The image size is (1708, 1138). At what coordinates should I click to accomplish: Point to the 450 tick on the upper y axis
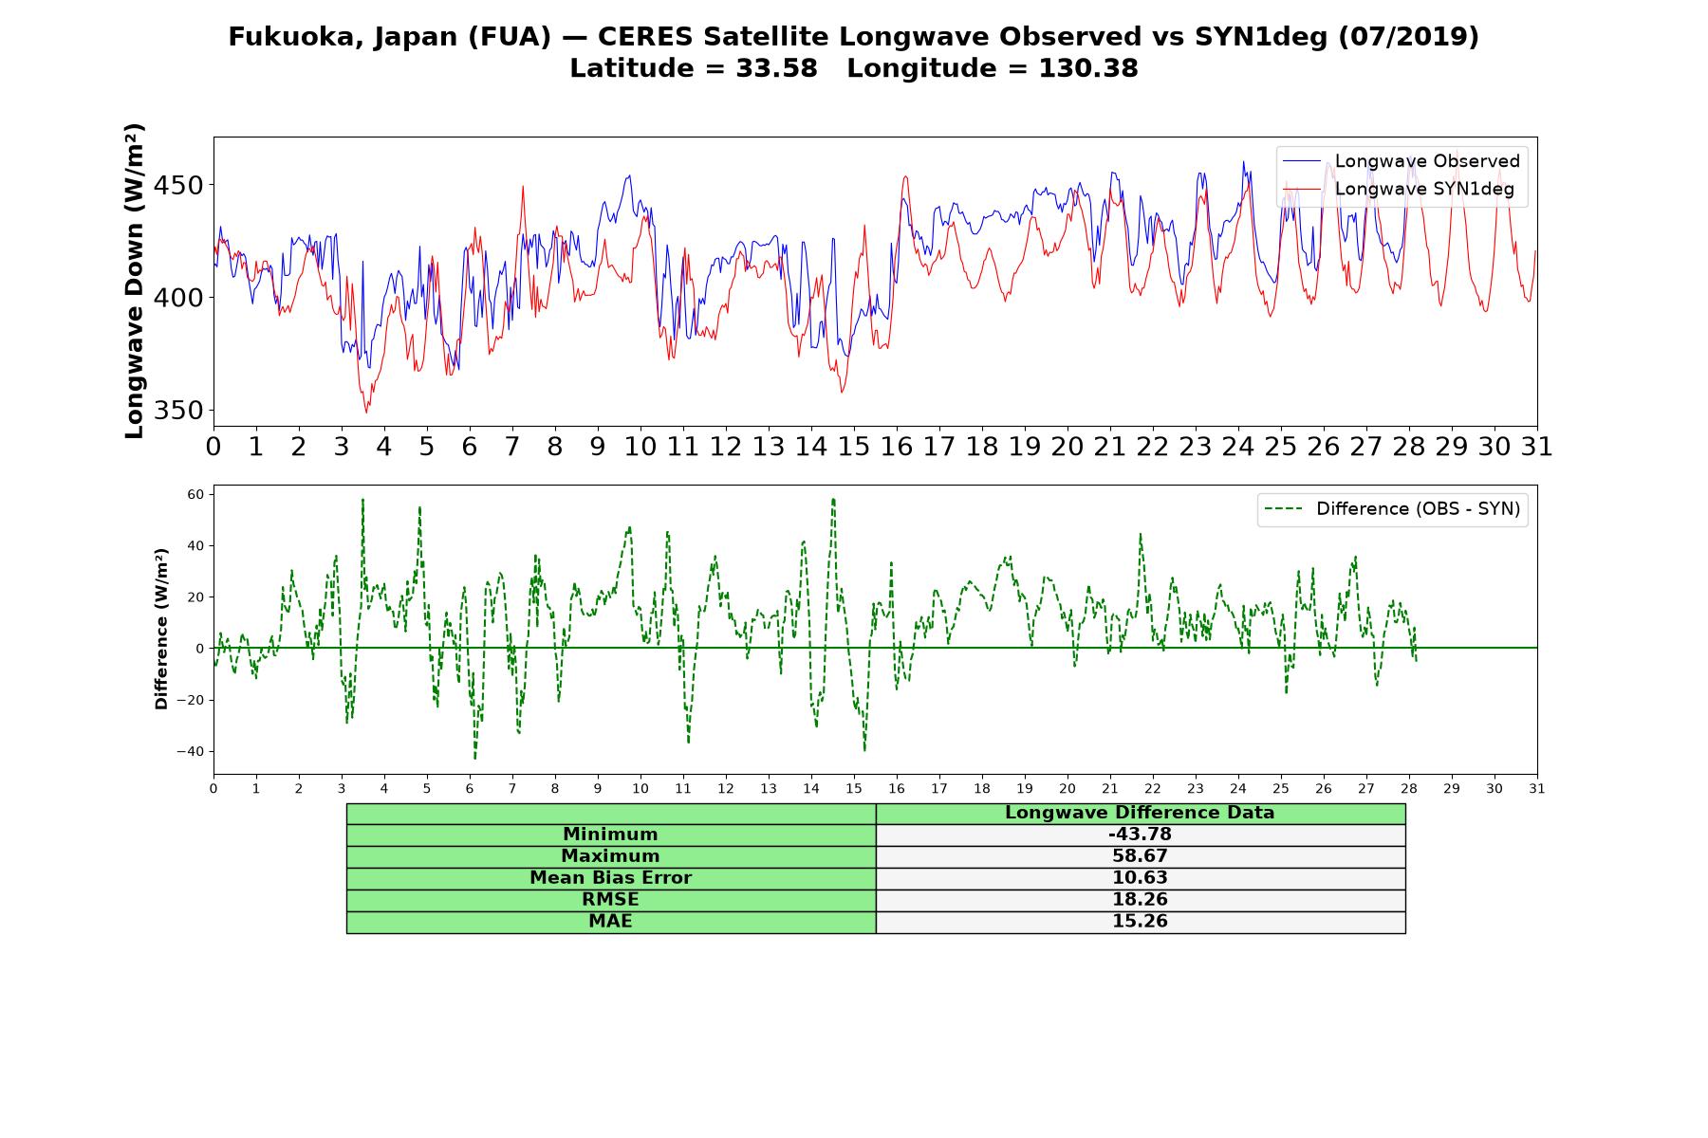(178, 185)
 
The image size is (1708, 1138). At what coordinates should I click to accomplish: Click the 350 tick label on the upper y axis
(178, 411)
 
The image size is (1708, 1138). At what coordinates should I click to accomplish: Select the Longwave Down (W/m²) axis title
(134, 281)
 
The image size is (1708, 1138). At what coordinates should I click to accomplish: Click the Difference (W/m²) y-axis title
(161, 629)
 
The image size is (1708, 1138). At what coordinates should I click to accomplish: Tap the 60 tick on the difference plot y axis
(196, 494)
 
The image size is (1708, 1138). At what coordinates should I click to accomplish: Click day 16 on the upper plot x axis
(897, 446)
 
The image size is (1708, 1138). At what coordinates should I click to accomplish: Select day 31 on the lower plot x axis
(1537, 788)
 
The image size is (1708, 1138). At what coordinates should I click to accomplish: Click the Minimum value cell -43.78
(1140, 835)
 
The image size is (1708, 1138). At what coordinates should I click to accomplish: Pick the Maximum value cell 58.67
(1140, 856)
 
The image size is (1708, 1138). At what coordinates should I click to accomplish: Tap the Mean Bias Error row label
(610, 878)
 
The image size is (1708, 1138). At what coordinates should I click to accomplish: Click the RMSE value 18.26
(1140, 900)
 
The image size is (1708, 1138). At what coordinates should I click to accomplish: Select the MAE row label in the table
(610, 922)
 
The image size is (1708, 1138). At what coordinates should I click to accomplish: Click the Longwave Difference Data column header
(1140, 813)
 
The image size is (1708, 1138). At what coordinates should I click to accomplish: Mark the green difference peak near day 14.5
(833, 499)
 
